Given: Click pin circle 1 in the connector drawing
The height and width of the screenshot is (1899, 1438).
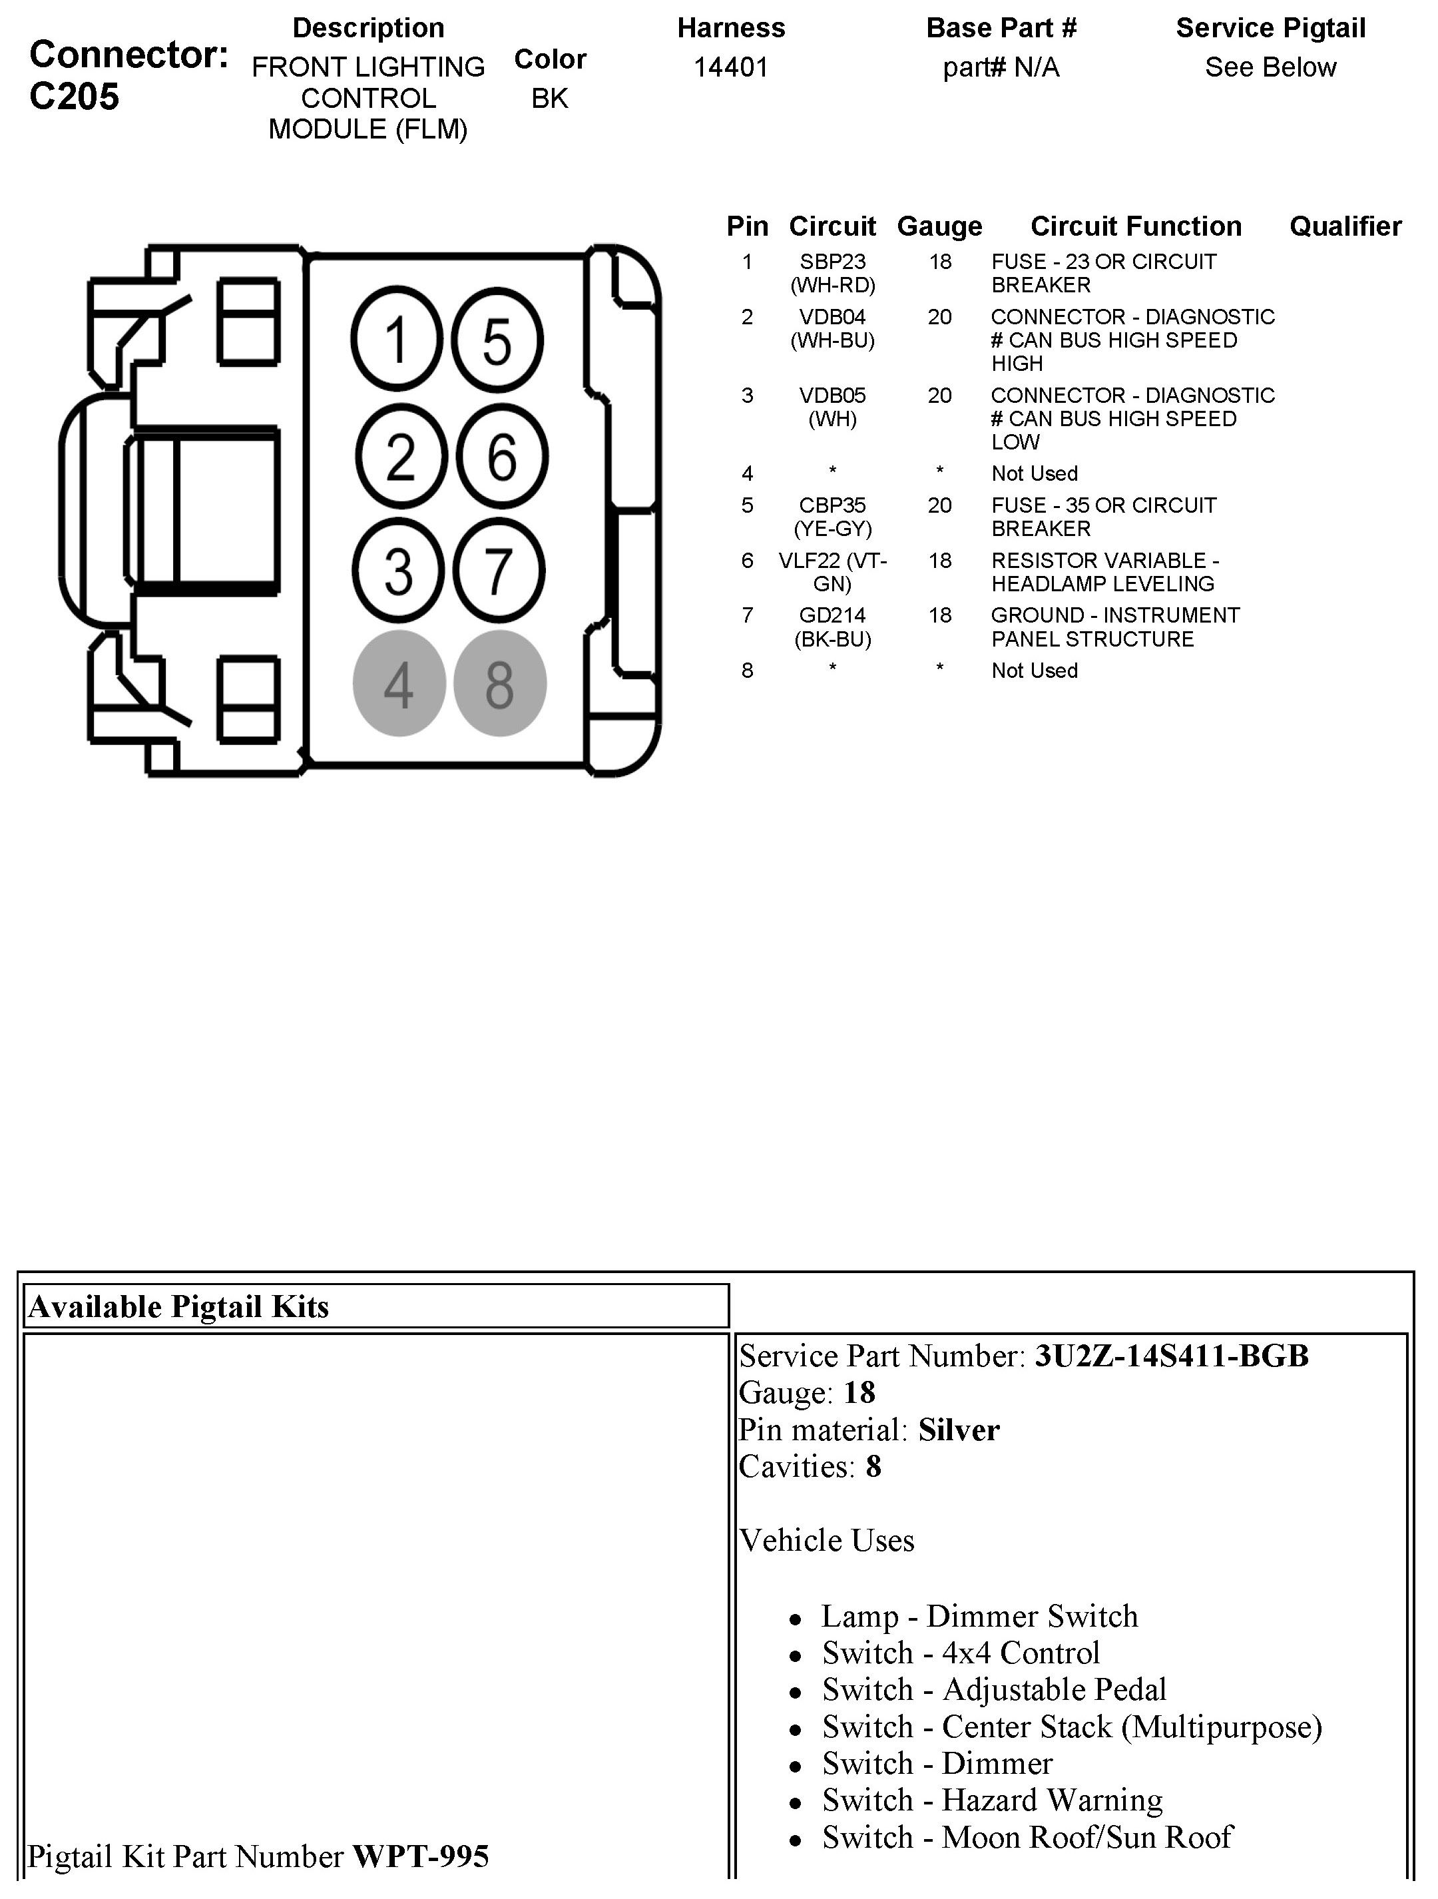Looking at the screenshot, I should (x=395, y=340).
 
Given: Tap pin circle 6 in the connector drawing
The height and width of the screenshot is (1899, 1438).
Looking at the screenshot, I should (x=501, y=456).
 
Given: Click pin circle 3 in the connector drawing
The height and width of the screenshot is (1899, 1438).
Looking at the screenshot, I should (x=397, y=571).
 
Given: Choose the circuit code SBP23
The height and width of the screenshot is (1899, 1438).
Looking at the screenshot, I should (x=832, y=262).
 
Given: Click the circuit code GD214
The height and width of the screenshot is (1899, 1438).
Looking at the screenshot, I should (x=832, y=615).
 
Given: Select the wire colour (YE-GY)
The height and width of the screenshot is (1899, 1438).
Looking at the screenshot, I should (x=832, y=529).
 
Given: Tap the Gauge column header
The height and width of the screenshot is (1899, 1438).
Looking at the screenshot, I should (x=939, y=226).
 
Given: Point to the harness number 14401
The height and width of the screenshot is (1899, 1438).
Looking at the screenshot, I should (x=730, y=67).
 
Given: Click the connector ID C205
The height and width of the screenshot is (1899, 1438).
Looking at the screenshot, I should (x=74, y=97).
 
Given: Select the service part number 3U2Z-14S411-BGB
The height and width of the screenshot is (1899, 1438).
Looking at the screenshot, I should (x=1172, y=1356).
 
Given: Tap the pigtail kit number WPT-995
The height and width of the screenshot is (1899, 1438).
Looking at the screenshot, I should (x=421, y=1856).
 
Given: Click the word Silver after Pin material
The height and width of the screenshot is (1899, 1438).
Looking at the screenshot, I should (x=959, y=1430).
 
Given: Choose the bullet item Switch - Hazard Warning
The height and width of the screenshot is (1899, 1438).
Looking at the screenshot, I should (x=991, y=1799).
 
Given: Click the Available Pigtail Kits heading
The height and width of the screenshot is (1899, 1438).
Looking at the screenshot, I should (x=178, y=1306).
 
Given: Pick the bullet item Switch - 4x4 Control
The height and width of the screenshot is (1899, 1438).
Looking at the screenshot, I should (x=961, y=1653).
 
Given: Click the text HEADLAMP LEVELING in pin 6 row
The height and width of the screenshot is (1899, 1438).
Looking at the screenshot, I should (x=1102, y=584).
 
